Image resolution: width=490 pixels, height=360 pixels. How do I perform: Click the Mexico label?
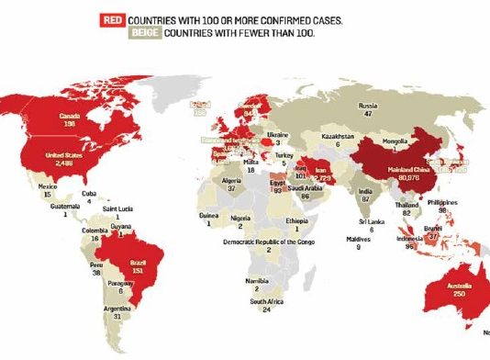pyautogui.click(x=39, y=185)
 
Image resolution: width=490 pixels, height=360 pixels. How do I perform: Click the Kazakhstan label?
pyautogui.click(x=339, y=135)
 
